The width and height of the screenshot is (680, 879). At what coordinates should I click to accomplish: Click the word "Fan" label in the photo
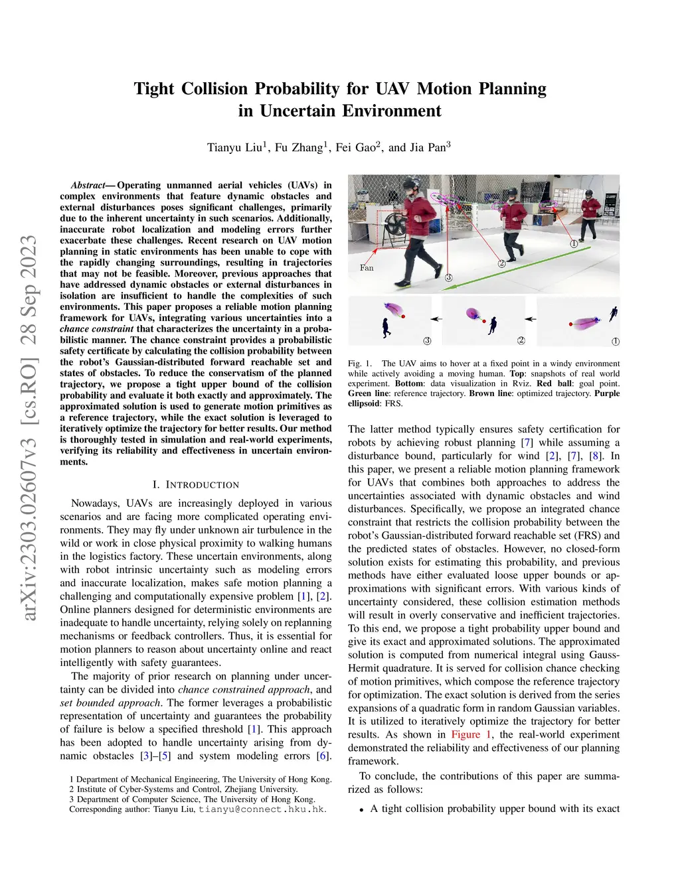pyautogui.click(x=367, y=268)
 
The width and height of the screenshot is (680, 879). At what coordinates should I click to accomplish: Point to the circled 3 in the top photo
pyautogui.click(x=449, y=278)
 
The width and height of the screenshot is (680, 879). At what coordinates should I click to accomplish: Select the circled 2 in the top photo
pyautogui.click(x=502, y=263)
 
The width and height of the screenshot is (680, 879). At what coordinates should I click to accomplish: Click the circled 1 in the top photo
pyautogui.click(x=574, y=243)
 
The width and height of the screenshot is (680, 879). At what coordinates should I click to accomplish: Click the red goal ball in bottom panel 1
pyautogui.click(x=570, y=324)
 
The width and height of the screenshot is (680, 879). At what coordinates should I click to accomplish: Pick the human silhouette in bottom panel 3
pyautogui.click(x=386, y=328)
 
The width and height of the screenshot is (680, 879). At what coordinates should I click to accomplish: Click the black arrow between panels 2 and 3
pyautogui.click(x=436, y=319)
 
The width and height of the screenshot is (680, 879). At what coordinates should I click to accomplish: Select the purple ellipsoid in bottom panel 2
pyautogui.click(x=473, y=314)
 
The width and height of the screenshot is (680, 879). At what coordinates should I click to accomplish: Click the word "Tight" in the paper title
pyautogui.click(x=155, y=89)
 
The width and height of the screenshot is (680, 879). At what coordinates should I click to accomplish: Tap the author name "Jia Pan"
pyautogui.click(x=428, y=147)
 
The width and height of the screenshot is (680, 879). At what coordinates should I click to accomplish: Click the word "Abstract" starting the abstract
pyautogui.click(x=88, y=185)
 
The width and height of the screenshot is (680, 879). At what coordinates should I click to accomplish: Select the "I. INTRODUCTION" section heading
pyautogui.click(x=196, y=485)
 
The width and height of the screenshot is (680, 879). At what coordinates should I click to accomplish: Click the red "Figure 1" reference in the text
pyautogui.click(x=471, y=734)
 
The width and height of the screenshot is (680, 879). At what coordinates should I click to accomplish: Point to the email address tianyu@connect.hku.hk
pyautogui.click(x=262, y=809)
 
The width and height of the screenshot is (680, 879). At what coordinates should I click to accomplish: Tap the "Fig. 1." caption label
pyautogui.click(x=360, y=364)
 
